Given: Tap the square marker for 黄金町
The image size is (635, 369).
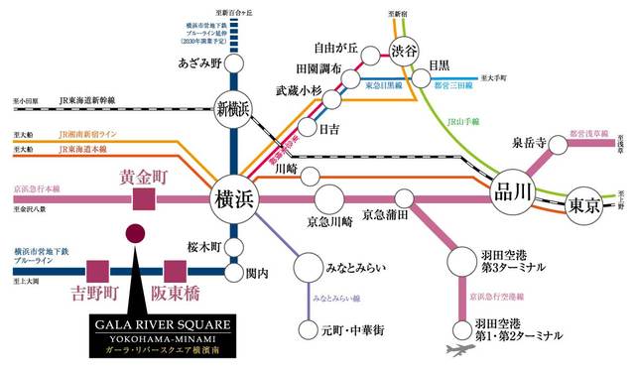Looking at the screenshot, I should coord(145,200).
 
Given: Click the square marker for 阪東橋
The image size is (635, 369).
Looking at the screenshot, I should coord(176,270).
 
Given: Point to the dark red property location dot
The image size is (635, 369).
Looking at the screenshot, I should coord(135,234).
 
